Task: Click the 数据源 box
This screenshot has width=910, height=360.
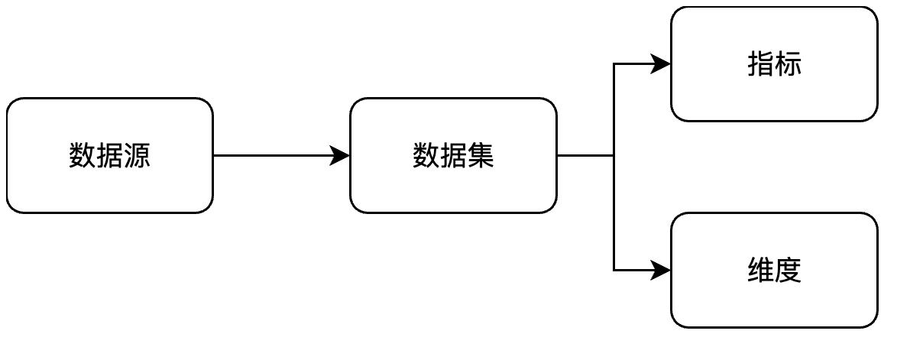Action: point(109,155)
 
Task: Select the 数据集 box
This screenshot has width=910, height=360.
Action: point(453,155)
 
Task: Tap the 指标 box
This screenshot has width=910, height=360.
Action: point(774,64)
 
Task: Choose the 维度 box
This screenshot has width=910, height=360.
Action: point(774,270)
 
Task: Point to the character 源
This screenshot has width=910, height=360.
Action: point(137,156)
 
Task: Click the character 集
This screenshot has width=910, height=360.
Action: point(481,156)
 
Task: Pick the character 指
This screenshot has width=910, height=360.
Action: point(760,64)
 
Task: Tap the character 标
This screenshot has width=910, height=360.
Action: point(788,64)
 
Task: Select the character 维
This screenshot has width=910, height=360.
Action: point(760,271)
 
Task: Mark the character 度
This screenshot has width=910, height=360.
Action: point(788,271)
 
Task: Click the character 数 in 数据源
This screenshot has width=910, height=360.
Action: point(82,156)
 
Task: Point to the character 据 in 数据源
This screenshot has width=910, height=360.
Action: point(109,156)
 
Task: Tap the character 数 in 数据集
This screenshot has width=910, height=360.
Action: point(426,156)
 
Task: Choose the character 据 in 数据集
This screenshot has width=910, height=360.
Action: point(453,156)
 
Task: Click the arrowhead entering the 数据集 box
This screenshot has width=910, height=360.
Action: point(341,155)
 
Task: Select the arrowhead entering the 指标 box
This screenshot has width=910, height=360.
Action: point(662,64)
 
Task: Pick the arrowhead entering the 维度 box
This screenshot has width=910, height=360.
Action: point(662,270)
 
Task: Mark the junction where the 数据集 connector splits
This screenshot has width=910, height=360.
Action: point(614,155)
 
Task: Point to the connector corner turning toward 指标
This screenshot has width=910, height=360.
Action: point(614,64)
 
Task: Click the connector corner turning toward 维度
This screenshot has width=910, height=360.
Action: point(614,270)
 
